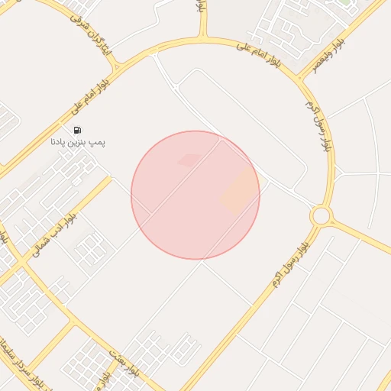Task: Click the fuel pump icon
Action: point(78,130)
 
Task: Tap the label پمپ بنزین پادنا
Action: point(78,141)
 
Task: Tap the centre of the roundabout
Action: point(321,216)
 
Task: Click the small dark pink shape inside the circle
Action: point(189,160)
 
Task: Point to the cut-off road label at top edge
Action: point(199,8)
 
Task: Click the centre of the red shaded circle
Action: point(195,195)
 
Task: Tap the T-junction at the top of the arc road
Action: point(204,37)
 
